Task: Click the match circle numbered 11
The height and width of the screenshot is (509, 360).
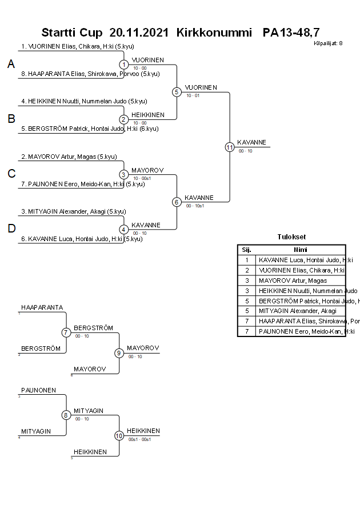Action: (x=230, y=147)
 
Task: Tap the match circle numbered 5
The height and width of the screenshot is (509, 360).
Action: (x=177, y=92)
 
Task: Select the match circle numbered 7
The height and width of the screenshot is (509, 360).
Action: (x=66, y=332)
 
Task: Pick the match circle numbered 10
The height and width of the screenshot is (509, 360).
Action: (x=119, y=435)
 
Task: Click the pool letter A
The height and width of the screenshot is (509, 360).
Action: (x=11, y=65)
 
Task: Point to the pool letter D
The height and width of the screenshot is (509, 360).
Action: (x=11, y=229)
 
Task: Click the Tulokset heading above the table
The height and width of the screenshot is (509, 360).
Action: (x=291, y=237)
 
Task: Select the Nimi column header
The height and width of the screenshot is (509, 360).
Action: (x=301, y=250)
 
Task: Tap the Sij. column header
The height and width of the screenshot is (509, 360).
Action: (x=247, y=250)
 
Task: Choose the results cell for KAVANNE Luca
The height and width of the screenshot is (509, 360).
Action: (x=301, y=260)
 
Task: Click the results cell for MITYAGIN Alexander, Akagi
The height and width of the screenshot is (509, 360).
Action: (x=301, y=311)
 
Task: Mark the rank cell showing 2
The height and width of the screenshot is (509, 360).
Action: (x=247, y=270)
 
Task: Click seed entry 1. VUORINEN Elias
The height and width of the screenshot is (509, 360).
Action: (x=77, y=46)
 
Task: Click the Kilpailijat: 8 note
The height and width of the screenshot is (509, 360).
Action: (x=328, y=43)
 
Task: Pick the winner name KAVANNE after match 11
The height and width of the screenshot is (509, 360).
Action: (x=251, y=142)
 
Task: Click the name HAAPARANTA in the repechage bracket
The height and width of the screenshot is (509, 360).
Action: (x=42, y=307)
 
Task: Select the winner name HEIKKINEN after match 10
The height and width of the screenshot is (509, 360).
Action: (x=143, y=431)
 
